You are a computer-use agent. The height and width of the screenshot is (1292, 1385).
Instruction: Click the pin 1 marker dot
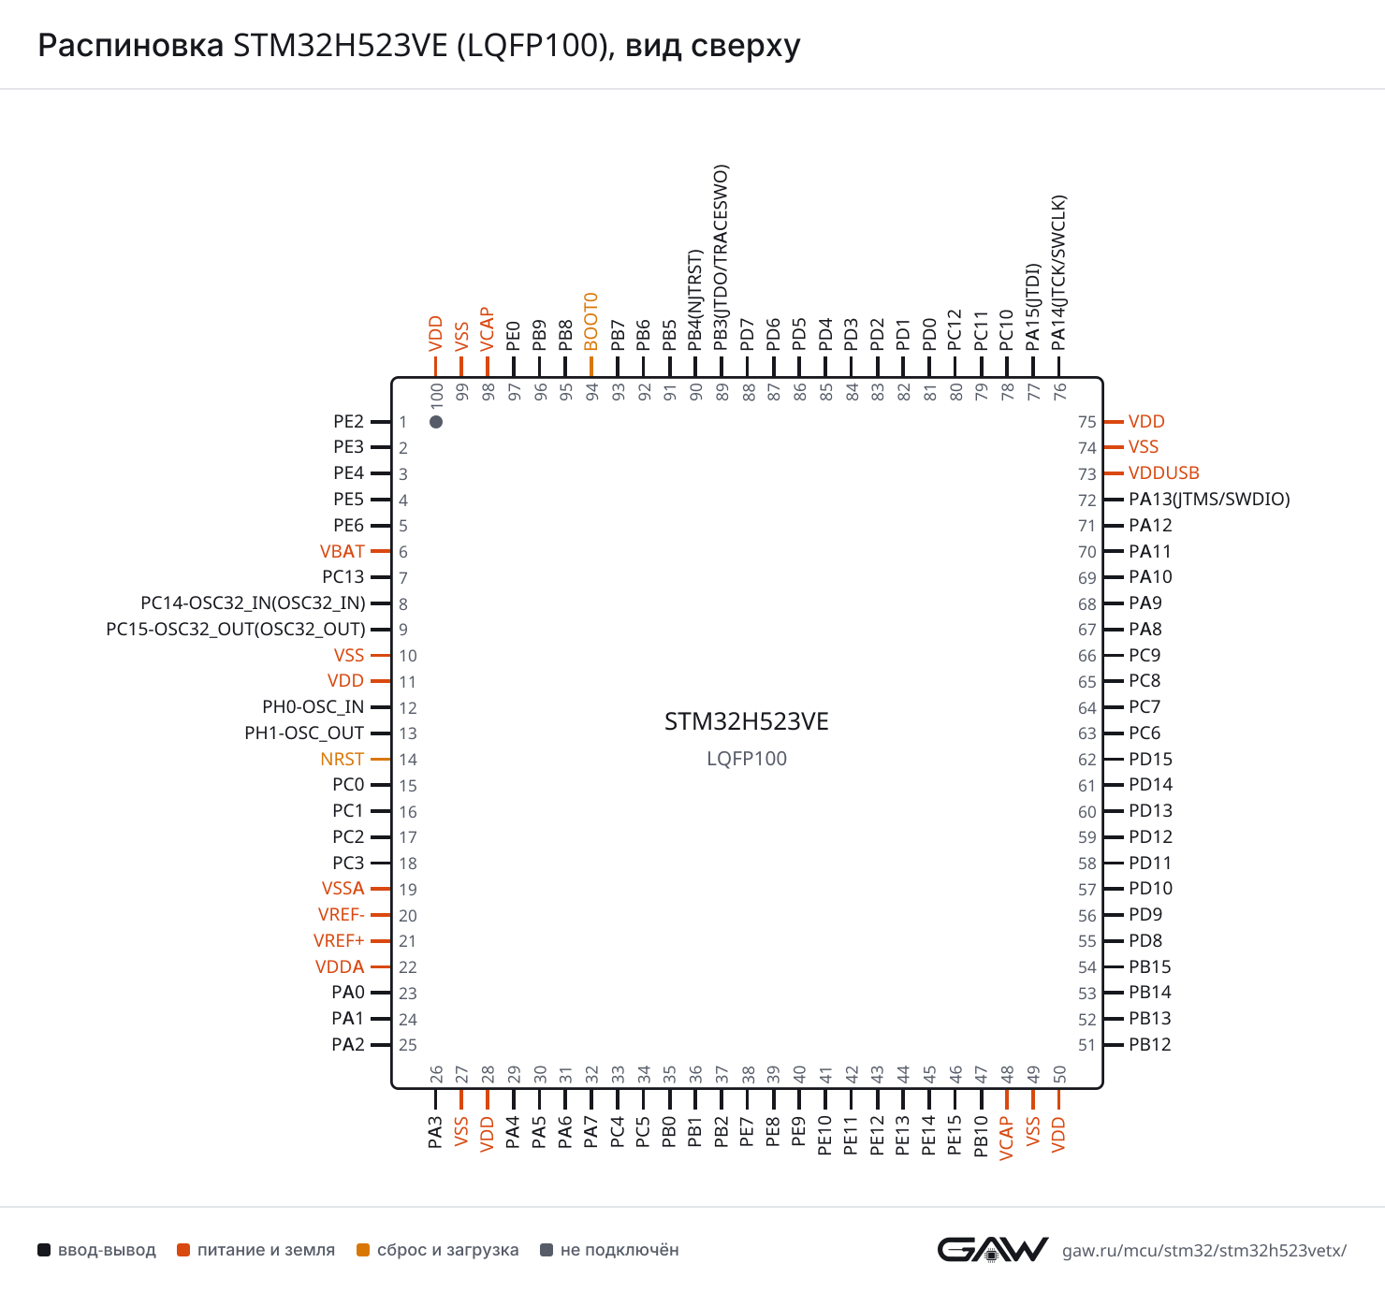tap(436, 422)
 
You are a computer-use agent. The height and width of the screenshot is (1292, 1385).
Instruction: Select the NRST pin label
tap(342, 759)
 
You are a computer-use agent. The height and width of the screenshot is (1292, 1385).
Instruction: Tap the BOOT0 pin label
tap(590, 322)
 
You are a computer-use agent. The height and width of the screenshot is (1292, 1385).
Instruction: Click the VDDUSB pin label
tap(1163, 472)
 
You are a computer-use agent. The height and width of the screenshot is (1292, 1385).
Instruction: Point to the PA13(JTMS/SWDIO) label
tap(1209, 500)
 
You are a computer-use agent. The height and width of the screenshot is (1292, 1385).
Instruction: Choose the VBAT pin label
tap(342, 551)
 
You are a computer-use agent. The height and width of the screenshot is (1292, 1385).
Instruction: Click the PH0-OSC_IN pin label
tap(313, 707)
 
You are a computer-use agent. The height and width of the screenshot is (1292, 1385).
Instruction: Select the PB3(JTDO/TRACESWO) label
tap(721, 257)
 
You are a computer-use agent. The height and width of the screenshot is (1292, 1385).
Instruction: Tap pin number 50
tap(1059, 1074)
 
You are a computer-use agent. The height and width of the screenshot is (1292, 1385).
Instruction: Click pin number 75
tap(1086, 422)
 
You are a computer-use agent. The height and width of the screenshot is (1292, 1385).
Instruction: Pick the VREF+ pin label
tap(339, 940)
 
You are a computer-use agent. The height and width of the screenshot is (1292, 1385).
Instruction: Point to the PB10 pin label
tap(981, 1137)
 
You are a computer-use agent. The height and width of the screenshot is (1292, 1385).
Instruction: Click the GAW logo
tap(992, 1250)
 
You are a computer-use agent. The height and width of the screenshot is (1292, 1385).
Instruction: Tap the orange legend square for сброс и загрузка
tap(363, 1250)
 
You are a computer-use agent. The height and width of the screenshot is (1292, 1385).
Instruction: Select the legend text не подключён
tap(620, 1250)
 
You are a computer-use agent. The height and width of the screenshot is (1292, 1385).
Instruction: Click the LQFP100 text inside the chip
tap(746, 758)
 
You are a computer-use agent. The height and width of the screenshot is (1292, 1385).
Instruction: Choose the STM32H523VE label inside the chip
tap(746, 721)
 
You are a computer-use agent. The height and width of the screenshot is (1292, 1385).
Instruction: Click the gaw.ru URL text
tap(1204, 1250)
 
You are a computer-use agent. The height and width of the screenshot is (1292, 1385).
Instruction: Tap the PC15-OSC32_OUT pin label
tap(236, 629)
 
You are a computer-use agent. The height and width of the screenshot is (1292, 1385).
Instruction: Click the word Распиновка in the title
tap(130, 46)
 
